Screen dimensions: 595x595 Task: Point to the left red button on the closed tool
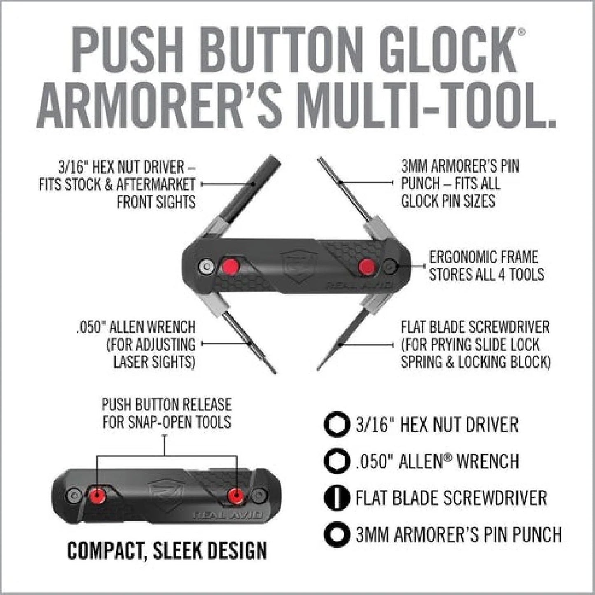(x=98, y=495)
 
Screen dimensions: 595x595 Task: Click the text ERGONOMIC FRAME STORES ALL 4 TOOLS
(x=486, y=266)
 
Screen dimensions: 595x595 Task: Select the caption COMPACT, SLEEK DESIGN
(x=167, y=551)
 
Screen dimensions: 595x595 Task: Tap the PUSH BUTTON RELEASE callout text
(x=166, y=413)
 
